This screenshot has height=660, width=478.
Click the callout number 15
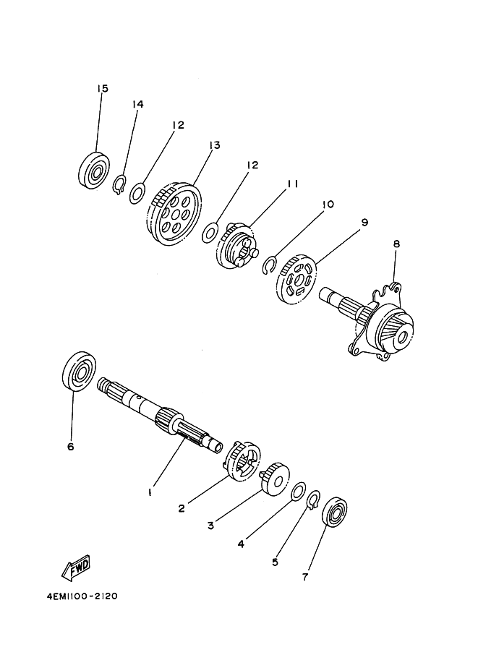tap(103, 89)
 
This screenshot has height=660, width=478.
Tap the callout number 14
tap(137, 104)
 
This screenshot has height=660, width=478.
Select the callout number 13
tap(215, 145)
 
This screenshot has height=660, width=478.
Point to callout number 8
tap(396, 244)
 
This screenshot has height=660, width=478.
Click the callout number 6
tap(70, 446)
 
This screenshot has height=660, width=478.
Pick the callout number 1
tap(150, 492)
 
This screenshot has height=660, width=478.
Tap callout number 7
tap(305, 577)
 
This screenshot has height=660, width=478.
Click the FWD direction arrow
tap(76, 567)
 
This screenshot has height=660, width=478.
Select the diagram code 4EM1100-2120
tap(82, 596)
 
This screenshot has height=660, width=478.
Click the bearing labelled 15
tap(94, 171)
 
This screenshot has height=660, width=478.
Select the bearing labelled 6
tap(79, 370)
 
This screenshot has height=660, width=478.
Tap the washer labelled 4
tap(299, 492)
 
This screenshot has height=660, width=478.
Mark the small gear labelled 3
tap(276, 479)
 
